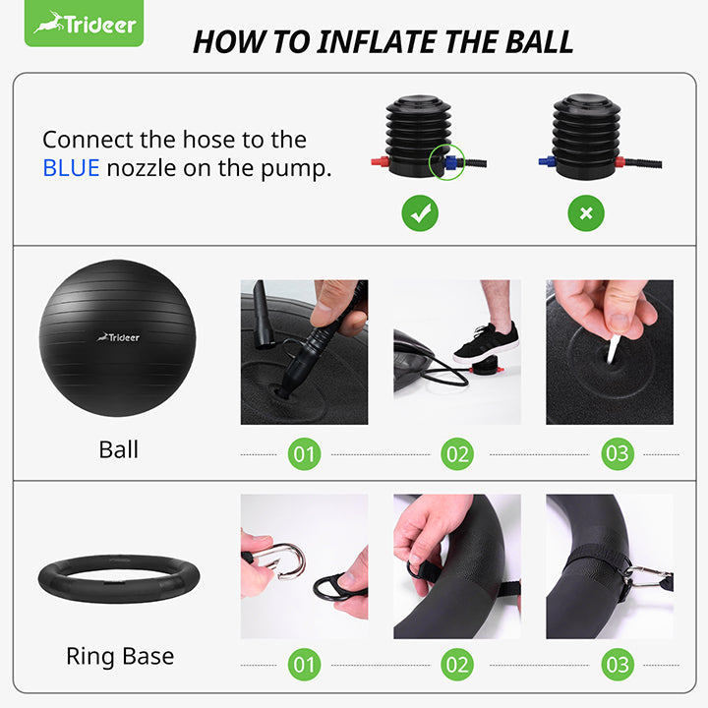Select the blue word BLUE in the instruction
(71, 168)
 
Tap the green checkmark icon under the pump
(420, 213)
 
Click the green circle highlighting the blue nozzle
(447, 161)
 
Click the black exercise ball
(118, 337)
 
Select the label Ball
(118, 450)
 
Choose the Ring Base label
(119, 656)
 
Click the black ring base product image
(118, 583)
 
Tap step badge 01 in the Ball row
(304, 453)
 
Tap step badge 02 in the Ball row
(457, 453)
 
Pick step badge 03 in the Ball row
(618, 453)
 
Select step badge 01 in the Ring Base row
(304, 664)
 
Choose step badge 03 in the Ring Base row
(618, 664)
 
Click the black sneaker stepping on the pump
(487, 343)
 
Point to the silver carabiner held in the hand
(285, 559)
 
